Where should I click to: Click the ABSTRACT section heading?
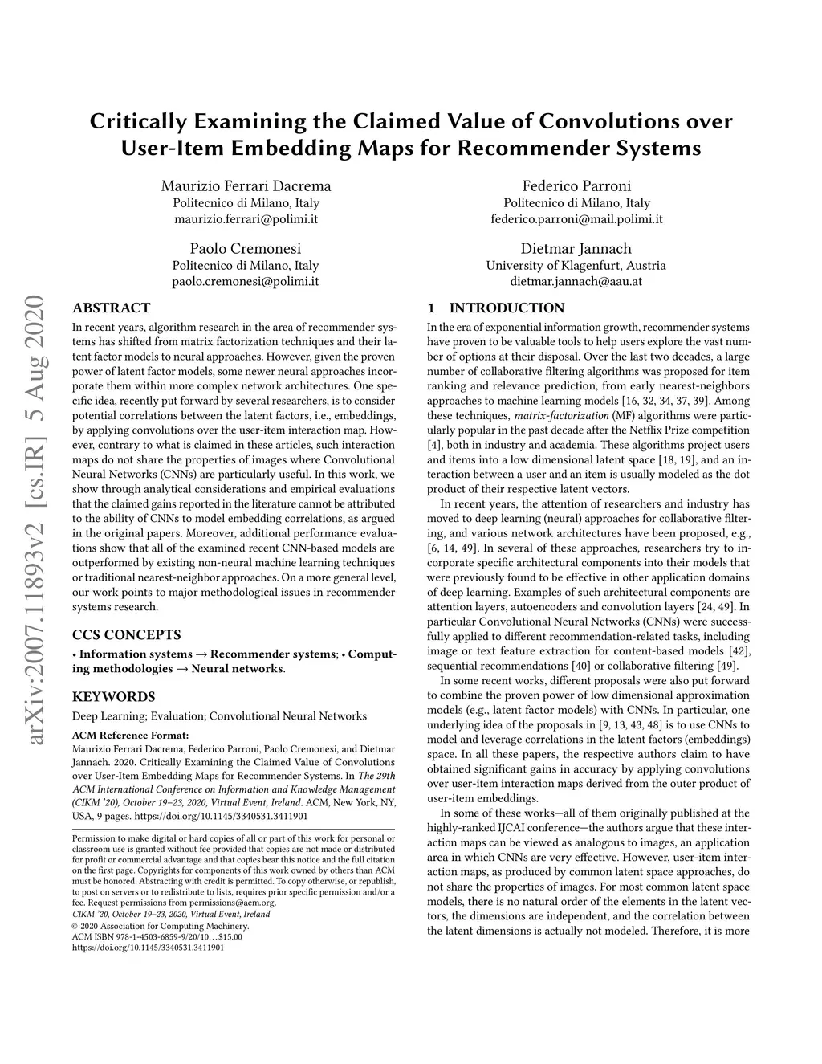(x=111, y=308)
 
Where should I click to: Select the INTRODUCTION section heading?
(x=507, y=308)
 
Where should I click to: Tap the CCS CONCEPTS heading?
(x=126, y=634)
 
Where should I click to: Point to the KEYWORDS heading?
(x=113, y=696)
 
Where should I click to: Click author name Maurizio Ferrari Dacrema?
(x=246, y=185)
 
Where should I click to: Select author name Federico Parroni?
(x=576, y=185)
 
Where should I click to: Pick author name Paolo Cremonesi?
(x=246, y=248)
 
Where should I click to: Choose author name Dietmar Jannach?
(x=576, y=248)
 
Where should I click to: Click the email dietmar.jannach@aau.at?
(x=576, y=282)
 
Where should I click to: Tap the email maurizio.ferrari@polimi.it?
(x=246, y=218)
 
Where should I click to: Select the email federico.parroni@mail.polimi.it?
(x=576, y=218)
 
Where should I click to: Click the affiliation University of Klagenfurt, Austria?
(x=576, y=266)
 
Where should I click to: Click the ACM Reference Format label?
(x=131, y=734)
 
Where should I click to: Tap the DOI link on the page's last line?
(x=148, y=947)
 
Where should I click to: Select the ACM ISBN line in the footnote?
(x=157, y=936)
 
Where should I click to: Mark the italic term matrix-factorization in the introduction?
(x=561, y=415)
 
